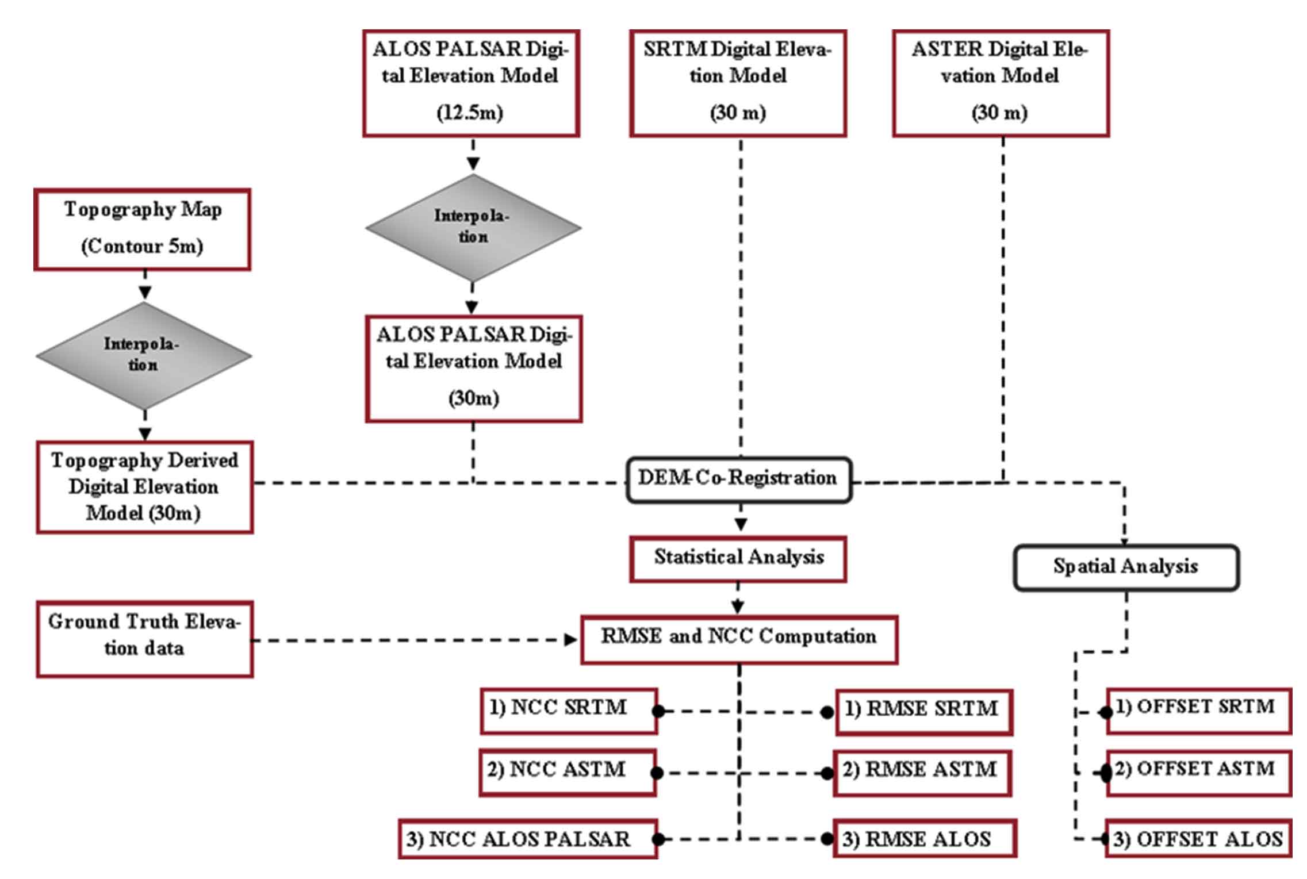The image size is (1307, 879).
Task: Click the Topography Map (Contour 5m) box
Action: click(142, 229)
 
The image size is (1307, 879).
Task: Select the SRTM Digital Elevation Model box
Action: click(738, 83)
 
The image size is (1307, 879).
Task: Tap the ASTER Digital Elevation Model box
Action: click(1000, 83)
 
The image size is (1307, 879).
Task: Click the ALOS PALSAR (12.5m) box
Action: click(470, 83)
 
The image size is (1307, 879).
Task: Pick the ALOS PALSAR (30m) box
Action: click(473, 369)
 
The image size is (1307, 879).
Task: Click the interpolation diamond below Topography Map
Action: click(143, 355)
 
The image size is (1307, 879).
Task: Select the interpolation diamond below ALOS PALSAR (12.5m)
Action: click(473, 227)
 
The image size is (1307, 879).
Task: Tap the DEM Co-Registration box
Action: click(738, 479)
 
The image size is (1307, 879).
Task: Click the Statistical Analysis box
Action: click(738, 559)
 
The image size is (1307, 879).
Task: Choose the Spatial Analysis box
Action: click(1125, 567)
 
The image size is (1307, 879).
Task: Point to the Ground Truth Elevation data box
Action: click(144, 639)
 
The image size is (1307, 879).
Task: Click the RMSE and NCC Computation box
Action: click(739, 639)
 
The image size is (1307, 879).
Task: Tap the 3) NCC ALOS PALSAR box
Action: click(527, 839)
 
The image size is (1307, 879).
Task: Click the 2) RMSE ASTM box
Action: click(922, 772)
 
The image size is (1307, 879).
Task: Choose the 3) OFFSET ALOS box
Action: click(1198, 839)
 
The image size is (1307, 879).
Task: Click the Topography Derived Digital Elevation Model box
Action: click(144, 487)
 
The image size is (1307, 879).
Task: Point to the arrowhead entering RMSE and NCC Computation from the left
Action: click(571, 640)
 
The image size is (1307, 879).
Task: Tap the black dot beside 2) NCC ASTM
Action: click(657, 773)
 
